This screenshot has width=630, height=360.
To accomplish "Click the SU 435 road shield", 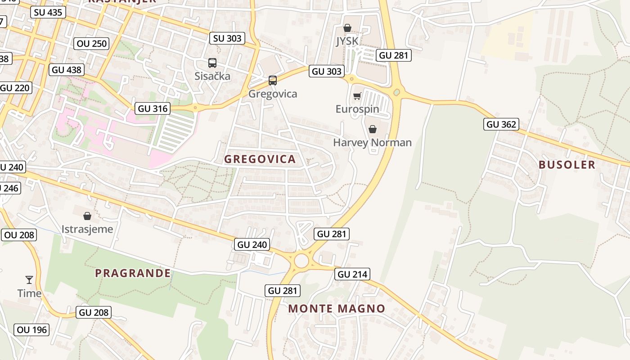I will click(x=48, y=12).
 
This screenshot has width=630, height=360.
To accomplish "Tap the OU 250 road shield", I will click(x=92, y=43).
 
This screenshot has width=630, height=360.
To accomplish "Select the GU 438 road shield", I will click(x=67, y=70).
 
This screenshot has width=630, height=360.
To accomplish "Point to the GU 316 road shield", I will click(x=153, y=108).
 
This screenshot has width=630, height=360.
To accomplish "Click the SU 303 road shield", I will click(x=227, y=38).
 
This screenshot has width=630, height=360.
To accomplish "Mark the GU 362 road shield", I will click(x=501, y=124).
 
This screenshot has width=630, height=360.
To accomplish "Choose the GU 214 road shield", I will click(x=352, y=274).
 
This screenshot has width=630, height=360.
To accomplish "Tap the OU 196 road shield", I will click(x=31, y=330).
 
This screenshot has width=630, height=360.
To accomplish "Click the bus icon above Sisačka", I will click(x=212, y=63).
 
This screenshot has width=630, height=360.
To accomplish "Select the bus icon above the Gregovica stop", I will click(x=273, y=81).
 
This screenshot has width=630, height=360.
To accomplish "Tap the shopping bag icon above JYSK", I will click(x=347, y=28).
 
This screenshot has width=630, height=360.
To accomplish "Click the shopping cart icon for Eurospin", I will click(x=357, y=96).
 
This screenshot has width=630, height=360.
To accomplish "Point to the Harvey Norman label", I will click(x=372, y=143).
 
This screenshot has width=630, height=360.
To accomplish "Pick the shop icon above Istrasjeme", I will click(x=87, y=216).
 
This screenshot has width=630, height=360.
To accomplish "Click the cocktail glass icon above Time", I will click(x=29, y=280).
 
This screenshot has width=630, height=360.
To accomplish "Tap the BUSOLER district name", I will click(x=567, y=165).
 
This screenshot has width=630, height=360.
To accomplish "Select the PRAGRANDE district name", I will click(x=133, y=273).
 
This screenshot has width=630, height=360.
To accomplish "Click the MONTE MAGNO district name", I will click(x=337, y=309).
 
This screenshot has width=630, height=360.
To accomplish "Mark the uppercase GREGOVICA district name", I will click(x=260, y=159).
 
